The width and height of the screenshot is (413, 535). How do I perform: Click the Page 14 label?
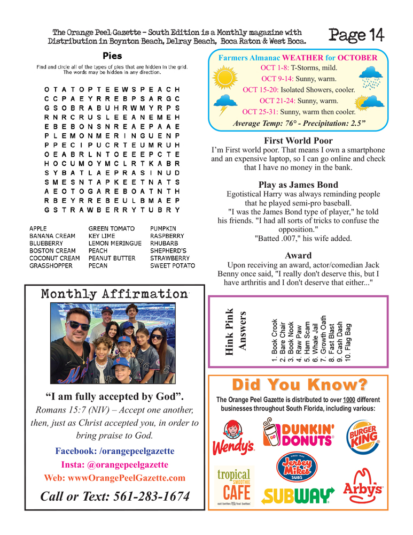coord(356,35)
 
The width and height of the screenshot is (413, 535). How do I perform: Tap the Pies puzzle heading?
coord(112,56)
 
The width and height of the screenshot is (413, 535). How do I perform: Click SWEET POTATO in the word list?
coord(172,265)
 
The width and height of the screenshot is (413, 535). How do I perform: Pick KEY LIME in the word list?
coord(102,236)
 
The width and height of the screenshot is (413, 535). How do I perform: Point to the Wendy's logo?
coord(234,439)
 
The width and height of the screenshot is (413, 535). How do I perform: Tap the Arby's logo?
coord(363,484)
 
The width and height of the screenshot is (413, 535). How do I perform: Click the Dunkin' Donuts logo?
coord(299,433)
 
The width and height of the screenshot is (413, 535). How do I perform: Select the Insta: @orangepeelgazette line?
coord(114,464)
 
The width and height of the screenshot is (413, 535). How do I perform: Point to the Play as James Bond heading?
coord(298,185)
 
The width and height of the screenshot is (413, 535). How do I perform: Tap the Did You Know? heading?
coord(299,385)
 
